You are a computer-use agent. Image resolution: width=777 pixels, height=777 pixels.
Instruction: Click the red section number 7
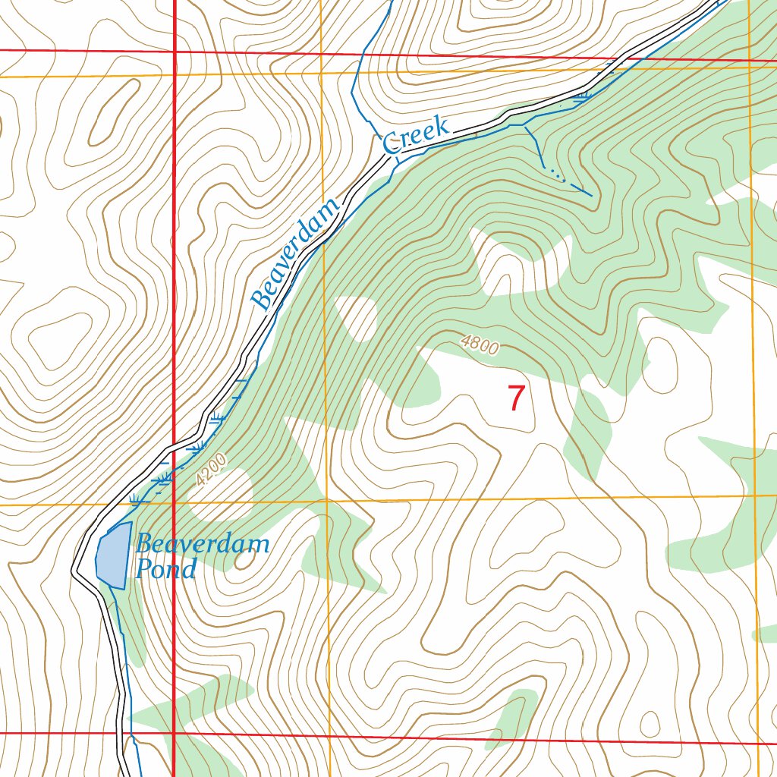pyautogui.click(x=516, y=398)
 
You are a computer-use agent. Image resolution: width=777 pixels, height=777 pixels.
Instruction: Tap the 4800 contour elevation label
pyautogui.click(x=480, y=346)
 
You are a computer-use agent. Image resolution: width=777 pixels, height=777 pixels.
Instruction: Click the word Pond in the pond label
pyautogui.click(x=165, y=569)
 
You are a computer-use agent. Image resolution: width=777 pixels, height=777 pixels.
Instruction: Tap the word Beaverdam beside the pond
pyautogui.click(x=203, y=543)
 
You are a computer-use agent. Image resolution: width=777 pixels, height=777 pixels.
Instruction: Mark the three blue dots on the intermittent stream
pyautogui.click(x=557, y=175)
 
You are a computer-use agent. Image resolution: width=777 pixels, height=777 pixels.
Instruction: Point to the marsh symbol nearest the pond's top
pyautogui.click(x=137, y=499)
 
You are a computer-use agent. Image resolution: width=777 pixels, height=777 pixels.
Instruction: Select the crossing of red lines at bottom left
pyautogui.click(x=175, y=734)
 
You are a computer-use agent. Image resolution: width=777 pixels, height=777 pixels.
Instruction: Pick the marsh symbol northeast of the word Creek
pyautogui.click(x=582, y=97)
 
